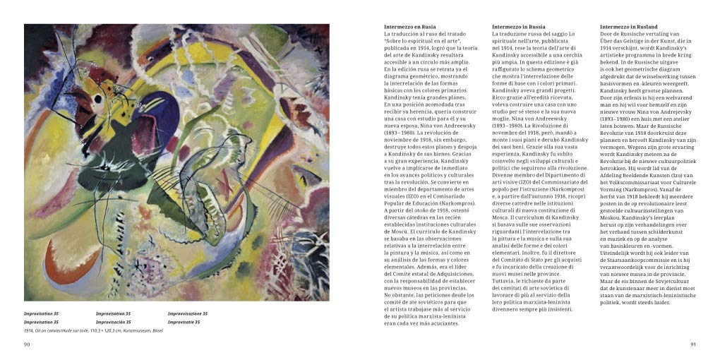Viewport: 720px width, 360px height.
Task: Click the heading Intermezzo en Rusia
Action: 409,27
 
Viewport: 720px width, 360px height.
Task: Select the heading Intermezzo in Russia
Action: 518,27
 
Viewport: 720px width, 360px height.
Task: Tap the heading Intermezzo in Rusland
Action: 628,27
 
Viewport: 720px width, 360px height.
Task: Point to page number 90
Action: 27,344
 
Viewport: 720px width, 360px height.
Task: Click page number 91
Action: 692,344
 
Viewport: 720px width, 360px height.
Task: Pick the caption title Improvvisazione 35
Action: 187,313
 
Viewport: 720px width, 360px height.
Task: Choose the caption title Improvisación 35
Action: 114,322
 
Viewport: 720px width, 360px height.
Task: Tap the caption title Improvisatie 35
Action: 184,322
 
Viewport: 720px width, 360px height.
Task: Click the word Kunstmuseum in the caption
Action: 136,330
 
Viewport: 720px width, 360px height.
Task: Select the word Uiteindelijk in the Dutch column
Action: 618,253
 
